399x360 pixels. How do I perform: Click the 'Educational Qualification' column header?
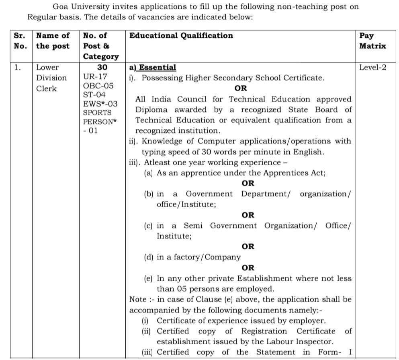coord(181,36)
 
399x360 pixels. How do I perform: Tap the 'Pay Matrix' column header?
coord(372,41)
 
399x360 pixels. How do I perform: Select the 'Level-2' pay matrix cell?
coord(372,68)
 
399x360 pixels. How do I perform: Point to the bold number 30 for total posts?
coord(102,68)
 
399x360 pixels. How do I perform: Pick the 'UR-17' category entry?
coord(95,76)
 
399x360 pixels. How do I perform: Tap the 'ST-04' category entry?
coord(94,95)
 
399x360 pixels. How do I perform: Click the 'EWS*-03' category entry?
coord(100,104)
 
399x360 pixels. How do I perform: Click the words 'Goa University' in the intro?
coord(82,7)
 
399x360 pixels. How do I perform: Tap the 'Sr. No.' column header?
coord(20,41)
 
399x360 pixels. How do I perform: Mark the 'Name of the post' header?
coord(53,41)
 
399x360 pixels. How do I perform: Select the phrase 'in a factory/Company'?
coord(198,257)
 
